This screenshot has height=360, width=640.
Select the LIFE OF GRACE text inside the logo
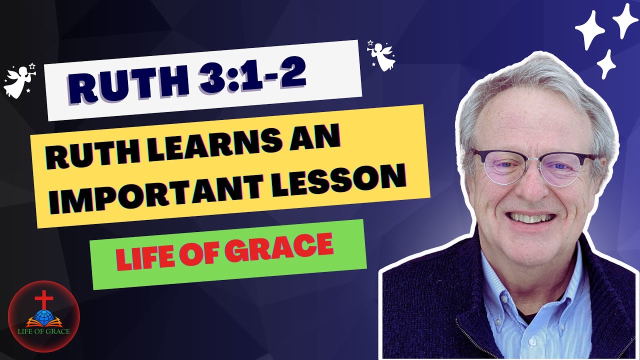click(x=43, y=331)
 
